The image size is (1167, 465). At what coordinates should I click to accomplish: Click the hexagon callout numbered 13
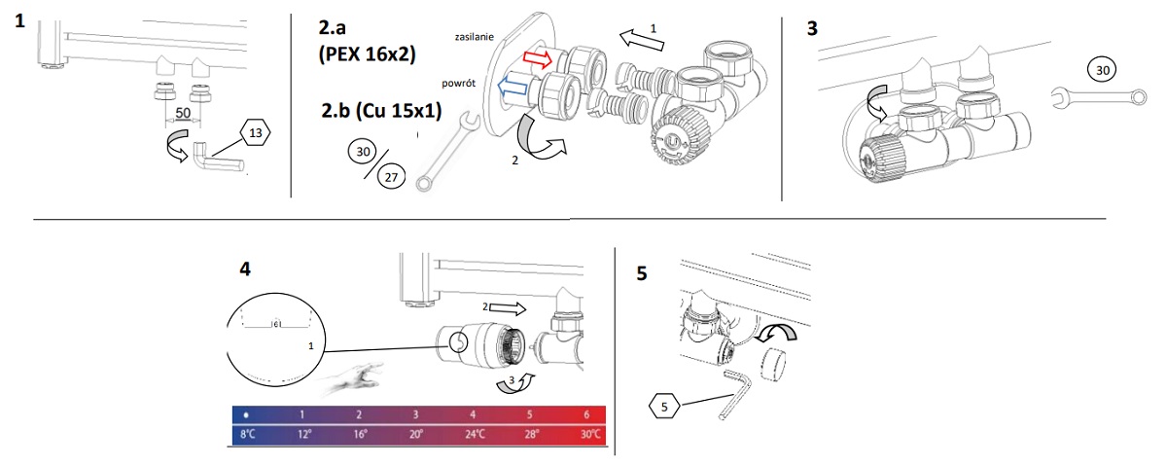256,132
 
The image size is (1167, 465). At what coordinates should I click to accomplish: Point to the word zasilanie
476,36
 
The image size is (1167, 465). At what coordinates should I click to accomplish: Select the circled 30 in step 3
1101,70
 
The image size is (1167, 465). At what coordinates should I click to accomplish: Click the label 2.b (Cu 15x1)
380,110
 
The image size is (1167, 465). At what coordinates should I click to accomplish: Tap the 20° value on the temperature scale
415,435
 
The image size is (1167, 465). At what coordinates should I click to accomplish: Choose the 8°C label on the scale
247,435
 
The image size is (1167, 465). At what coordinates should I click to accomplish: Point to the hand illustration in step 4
357,375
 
